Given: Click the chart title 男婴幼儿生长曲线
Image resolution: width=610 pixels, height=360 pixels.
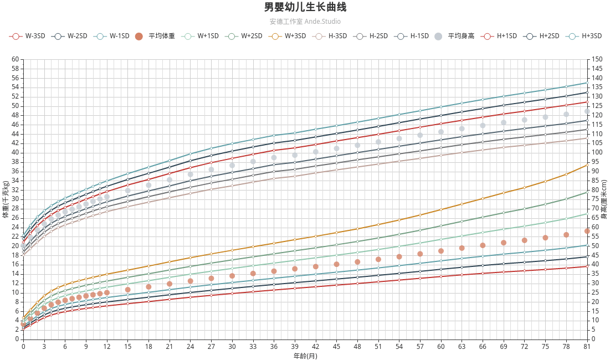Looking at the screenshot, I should click(x=305, y=7).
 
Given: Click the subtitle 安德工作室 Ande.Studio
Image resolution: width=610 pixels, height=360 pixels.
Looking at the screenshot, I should click(x=305, y=22).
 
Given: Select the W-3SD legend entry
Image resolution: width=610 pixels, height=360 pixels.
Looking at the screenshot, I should click(x=27, y=36).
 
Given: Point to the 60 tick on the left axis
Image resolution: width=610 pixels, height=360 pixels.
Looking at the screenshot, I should click(x=15, y=59).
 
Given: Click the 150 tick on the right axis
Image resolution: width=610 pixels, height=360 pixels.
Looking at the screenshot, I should click(x=597, y=59).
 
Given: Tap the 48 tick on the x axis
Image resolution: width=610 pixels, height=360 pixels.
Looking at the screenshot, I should click(x=357, y=347).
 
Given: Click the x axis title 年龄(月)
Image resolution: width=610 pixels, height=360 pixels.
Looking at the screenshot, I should click(x=305, y=356).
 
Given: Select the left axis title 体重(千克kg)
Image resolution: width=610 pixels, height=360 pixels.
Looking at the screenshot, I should click(x=6, y=199).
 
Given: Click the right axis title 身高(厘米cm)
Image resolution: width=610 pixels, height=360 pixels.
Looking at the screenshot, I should click(x=604, y=199).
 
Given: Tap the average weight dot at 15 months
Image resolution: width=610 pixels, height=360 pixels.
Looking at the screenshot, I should click(x=127, y=290).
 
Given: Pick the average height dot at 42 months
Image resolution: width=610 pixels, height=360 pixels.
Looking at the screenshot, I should click(x=316, y=152).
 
